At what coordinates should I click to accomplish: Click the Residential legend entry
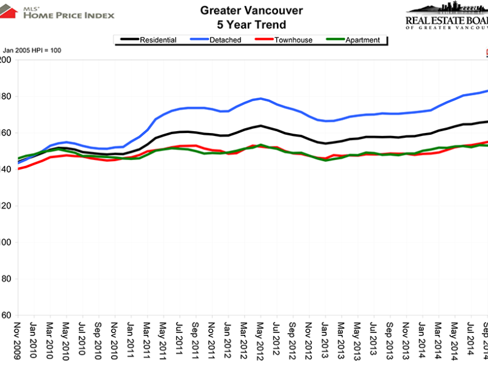(158, 40)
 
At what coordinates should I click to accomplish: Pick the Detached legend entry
(224, 40)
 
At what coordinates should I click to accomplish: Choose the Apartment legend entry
(362, 40)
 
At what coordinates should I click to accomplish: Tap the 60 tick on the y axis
(5, 315)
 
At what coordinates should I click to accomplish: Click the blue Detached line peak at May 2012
(261, 99)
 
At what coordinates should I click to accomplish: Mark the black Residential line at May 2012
(261, 126)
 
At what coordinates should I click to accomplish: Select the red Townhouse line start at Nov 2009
(18, 168)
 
